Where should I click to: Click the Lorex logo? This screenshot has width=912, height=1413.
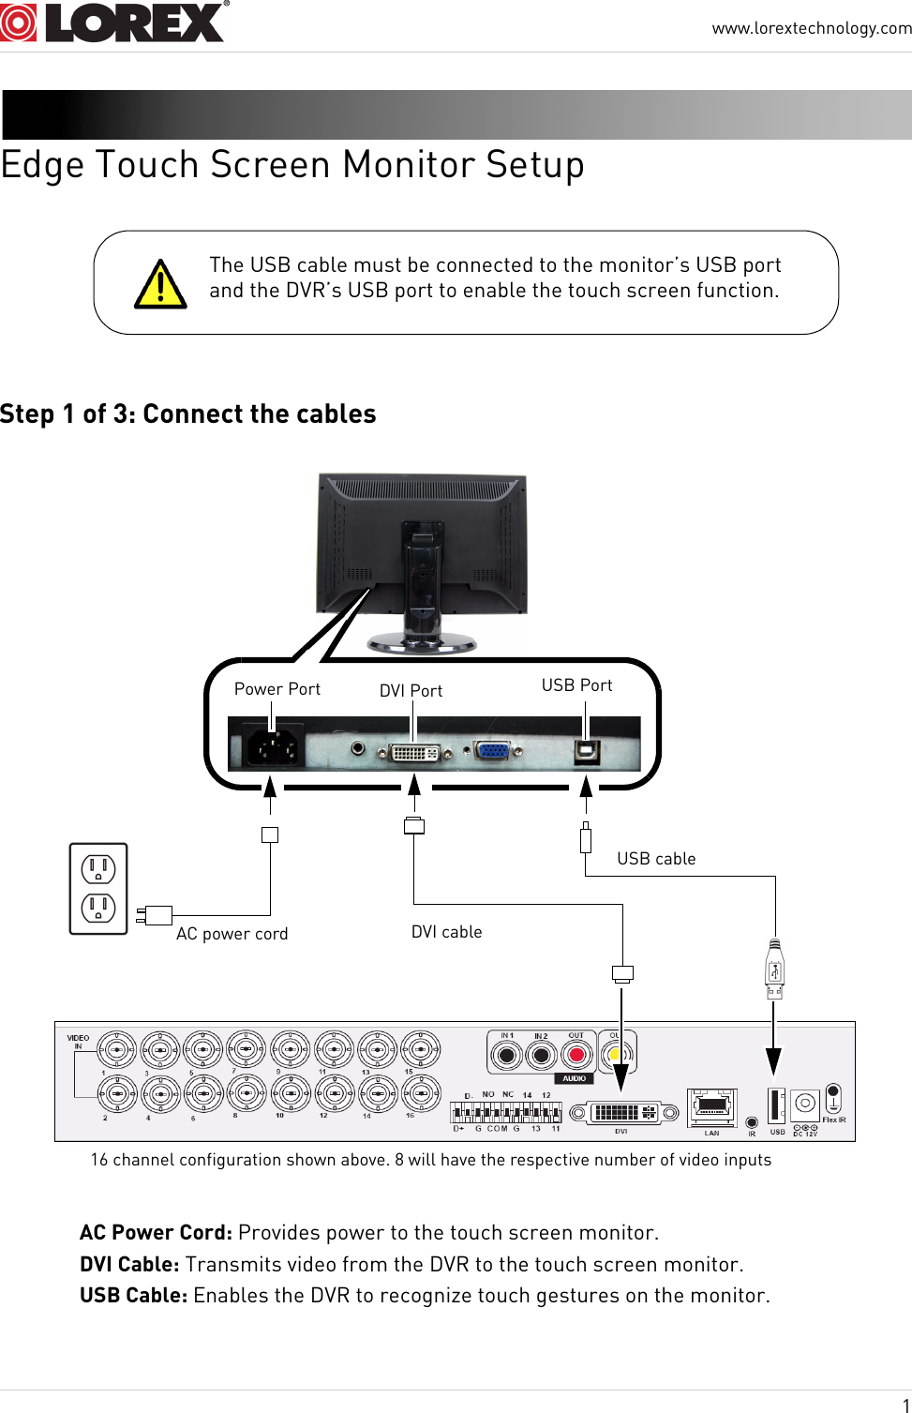tap(113, 23)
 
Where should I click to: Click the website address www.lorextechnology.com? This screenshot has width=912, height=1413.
tap(811, 28)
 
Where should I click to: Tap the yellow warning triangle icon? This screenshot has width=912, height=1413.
tap(160, 285)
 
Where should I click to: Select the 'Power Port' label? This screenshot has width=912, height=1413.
tap(277, 689)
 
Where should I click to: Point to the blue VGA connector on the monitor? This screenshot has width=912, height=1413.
tap(493, 750)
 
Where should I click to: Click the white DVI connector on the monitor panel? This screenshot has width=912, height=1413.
tap(414, 752)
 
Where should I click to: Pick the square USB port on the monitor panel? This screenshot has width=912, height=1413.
tap(587, 750)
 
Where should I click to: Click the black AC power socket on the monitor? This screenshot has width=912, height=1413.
tap(273, 747)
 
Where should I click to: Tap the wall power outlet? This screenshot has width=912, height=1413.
tap(98, 889)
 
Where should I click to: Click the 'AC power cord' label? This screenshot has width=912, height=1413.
tap(232, 934)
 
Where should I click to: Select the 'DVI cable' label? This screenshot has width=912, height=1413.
tap(446, 932)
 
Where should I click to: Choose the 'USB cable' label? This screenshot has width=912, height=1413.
tap(656, 859)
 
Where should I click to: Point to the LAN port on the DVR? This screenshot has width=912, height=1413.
tap(711, 1107)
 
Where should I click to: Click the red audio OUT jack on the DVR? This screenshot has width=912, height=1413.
tap(576, 1056)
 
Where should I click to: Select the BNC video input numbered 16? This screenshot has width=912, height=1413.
tap(421, 1093)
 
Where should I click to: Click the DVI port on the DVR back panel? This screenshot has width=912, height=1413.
tap(623, 1113)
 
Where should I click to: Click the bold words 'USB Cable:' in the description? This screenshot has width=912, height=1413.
tap(133, 1296)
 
